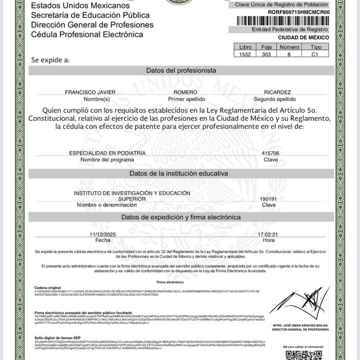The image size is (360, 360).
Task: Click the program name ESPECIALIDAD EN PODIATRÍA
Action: click(107, 153)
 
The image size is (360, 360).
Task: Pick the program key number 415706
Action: click(271, 153)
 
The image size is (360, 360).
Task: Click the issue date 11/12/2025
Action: click(103, 233)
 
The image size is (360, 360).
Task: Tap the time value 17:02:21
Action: click(269, 233)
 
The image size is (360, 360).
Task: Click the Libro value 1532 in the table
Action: click(245, 55)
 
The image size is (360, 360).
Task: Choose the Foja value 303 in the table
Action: click(267, 55)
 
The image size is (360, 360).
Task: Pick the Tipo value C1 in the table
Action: click(316, 55)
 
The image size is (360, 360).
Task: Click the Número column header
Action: click(290, 47)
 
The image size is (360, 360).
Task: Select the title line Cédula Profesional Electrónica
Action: click(87, 34)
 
